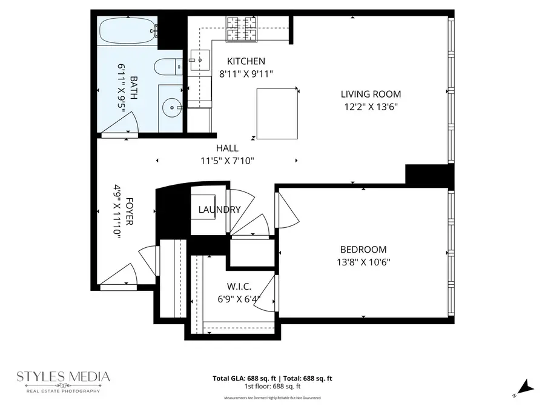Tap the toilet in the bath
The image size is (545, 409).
[x=167, y=66]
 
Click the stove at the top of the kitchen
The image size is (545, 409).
[x=242, y=29]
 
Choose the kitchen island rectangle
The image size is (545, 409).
[x=277, y=113]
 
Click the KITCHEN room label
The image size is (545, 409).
[x=246, y=61]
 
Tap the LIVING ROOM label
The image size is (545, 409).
[x=371, y=94]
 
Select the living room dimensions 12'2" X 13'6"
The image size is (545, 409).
[x=371, y=106]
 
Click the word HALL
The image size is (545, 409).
[x=227, y=148]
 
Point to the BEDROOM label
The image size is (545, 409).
[x=363, y=250]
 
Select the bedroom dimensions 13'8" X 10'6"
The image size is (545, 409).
[x=363, y=262]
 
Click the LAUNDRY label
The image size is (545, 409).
[x=219, y=210]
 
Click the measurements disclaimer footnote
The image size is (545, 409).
[x=272, y=398]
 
